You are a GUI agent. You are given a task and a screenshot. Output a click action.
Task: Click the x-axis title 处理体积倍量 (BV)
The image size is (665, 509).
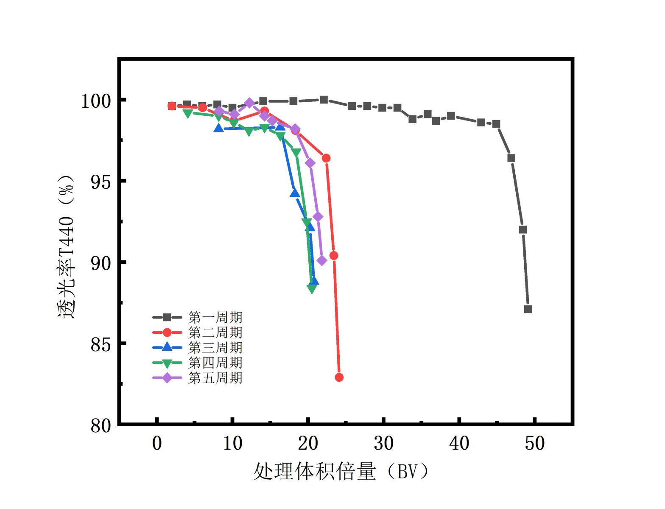[x=341, y=471]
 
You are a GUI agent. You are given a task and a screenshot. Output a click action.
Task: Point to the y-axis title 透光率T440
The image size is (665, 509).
[x=66, y=246]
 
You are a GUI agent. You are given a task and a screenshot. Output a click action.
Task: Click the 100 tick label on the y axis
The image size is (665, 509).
[x=96, y=101]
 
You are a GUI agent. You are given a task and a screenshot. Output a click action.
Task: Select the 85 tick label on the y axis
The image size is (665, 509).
[x=101, y=345]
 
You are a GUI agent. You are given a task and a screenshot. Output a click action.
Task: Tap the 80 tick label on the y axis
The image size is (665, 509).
[x=101, y=425]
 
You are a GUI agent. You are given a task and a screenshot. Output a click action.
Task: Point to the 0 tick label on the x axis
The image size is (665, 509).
[x=157, y=443]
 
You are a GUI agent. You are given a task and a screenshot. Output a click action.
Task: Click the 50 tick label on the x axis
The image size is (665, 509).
[x=534, y=443]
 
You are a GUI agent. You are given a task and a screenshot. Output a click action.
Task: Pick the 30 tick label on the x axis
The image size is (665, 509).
[x=383, y=443]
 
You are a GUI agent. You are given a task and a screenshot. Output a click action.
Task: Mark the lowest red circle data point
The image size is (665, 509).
[x=339, y=377]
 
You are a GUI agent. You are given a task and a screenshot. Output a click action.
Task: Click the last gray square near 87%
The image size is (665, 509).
[x=528, y=309]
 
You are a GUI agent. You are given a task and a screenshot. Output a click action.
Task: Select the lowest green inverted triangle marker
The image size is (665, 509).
[x=312, y=289]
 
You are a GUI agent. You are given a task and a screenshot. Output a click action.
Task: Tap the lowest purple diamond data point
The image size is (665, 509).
[x=322, y=260]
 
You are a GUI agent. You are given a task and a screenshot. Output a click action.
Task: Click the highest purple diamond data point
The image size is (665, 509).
[x=249, y=103]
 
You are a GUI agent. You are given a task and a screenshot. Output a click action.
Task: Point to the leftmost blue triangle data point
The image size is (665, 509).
[x=218, y=128]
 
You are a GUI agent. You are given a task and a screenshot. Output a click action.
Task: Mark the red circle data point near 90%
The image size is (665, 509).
[x=334, y=255]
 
